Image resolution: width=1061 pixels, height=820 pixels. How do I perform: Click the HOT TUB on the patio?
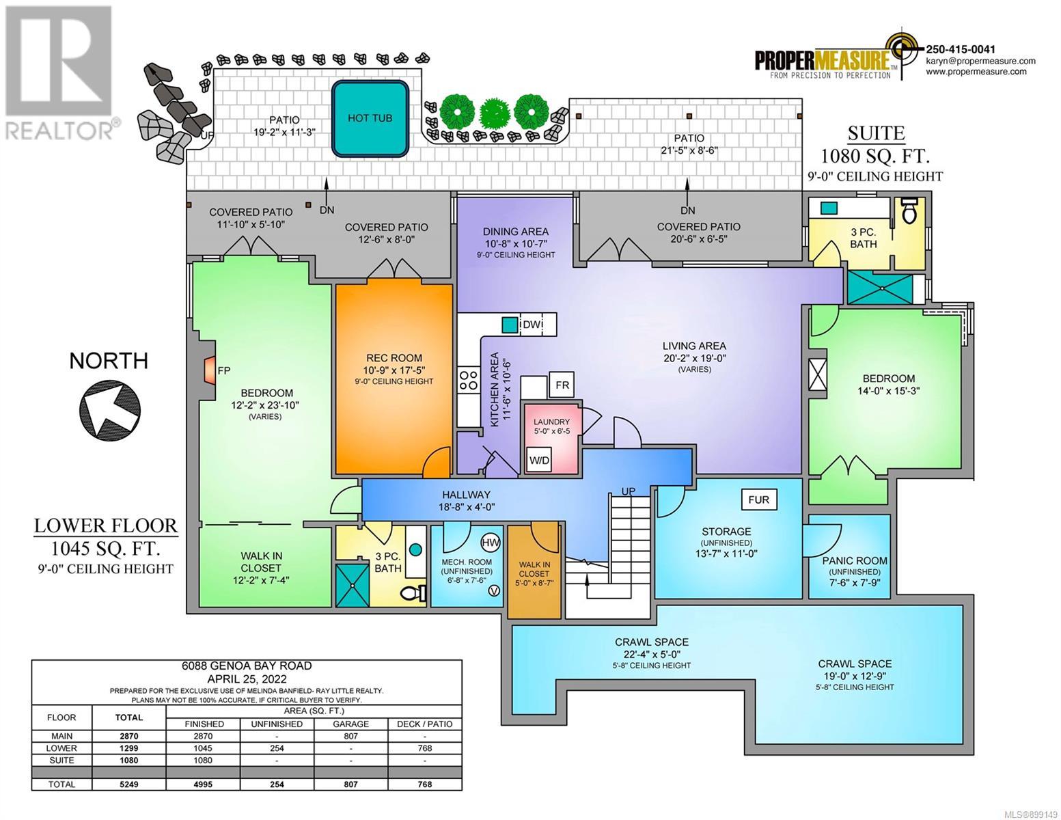370,118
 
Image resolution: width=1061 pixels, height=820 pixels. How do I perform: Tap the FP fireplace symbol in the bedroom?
210,370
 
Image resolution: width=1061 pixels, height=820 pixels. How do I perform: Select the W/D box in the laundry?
539,460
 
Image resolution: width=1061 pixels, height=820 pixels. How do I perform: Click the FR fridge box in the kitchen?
562,385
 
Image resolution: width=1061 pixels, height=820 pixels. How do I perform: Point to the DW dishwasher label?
532,325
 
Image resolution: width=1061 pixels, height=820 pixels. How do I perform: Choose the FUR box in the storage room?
759,500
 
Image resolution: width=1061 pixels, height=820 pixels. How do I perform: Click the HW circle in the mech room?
491,543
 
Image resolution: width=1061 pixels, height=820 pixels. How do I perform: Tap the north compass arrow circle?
111,409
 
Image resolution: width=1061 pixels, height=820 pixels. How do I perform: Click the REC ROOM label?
394,358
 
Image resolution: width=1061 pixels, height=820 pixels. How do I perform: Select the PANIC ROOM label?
855,560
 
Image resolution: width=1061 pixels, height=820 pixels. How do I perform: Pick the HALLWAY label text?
466,495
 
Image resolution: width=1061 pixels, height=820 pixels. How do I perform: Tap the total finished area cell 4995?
203,784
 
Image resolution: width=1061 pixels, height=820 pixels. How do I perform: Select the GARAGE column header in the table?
350,724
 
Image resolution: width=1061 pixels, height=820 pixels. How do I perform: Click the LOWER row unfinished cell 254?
277,748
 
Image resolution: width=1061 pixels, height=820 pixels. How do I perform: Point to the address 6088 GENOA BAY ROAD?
247,666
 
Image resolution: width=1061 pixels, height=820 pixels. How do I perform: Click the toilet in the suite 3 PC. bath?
909,210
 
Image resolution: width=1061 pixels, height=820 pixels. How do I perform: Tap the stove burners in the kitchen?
468,380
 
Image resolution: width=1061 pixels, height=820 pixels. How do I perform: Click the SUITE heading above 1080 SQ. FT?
876,133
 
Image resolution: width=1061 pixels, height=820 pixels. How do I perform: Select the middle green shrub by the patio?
494,114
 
